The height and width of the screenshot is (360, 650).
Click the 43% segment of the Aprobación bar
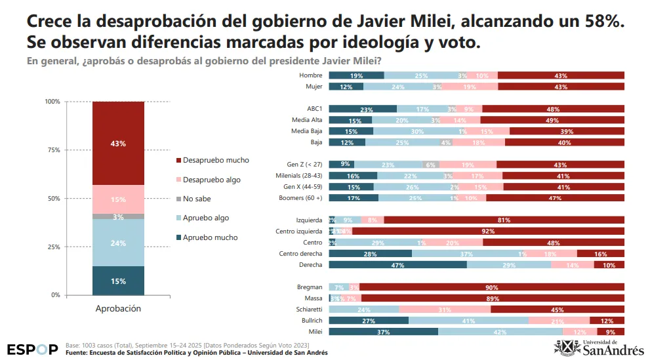pos(118,143)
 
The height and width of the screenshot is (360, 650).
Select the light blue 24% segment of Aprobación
pos(118,243)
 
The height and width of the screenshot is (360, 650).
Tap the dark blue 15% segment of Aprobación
pos(118,281)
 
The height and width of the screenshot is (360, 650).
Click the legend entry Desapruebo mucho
pos(216,161)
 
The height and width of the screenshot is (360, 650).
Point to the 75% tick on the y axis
pos(52,150)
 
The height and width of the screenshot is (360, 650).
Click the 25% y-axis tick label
pos(52,247)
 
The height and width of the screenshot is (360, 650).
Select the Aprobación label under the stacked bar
pos(118,308)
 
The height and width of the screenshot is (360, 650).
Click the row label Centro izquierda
pos(300,231)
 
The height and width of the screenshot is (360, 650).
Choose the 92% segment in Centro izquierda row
pos(487,231)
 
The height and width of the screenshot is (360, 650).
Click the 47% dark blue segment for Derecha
pos(397,265)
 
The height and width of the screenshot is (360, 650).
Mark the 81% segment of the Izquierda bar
pos(504,220)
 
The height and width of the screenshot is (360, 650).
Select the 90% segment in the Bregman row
pos(491,287)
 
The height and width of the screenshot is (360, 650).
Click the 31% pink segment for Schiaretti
pos(444,310)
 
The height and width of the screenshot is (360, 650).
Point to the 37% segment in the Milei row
pos(383,332)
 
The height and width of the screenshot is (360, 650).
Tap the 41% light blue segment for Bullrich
pos(468,321)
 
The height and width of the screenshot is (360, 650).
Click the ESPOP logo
pos(33,349)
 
